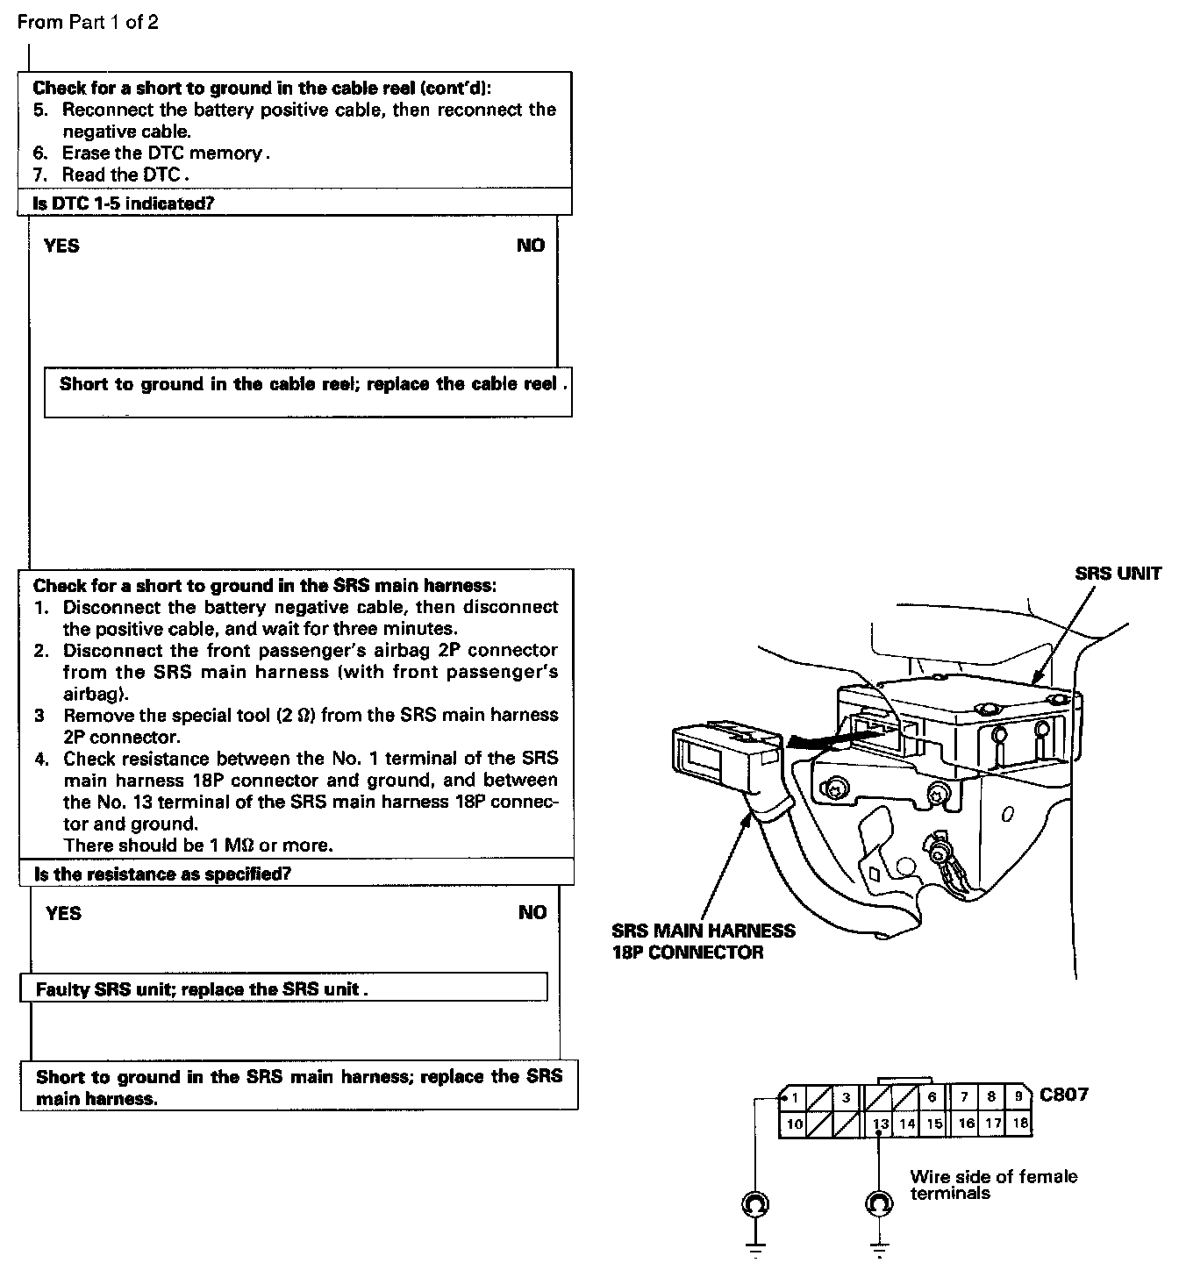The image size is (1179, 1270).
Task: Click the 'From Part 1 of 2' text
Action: [88, 22]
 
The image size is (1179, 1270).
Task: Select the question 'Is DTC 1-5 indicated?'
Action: [124, 203]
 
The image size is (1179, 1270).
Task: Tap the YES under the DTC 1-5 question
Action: [61, 246]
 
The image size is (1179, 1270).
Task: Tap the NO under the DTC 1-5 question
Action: [531, 246]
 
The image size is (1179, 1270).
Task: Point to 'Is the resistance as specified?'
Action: [162, 874]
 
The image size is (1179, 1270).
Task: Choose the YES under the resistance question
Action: [63, 913]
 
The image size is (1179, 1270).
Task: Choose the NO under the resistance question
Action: [532, 913]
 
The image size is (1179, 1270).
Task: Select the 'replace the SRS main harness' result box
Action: [298, 1087]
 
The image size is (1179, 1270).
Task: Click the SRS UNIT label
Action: [1118, 574]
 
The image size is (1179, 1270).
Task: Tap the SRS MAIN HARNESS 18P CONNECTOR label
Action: [704, 941]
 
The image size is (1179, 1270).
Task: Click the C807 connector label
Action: [1064, 1095]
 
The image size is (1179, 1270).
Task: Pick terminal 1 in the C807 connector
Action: [794, 1097]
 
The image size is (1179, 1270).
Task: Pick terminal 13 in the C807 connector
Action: [881, 1124]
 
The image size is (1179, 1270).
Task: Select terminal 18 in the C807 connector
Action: [1018, 1123]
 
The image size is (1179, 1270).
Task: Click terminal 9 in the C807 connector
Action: [1018, 1096]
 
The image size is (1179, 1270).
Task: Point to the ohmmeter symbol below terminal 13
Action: [879, 1204]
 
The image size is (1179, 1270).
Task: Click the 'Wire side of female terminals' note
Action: [992, 1184]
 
